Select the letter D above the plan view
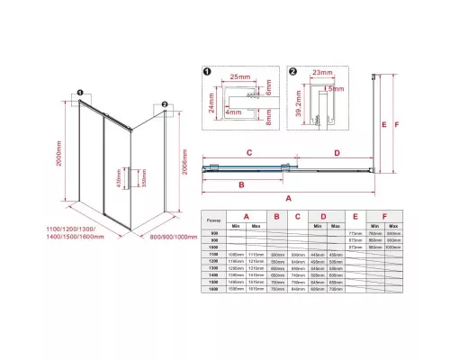336,153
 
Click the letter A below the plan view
287,196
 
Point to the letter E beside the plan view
383,124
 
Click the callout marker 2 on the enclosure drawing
166,103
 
